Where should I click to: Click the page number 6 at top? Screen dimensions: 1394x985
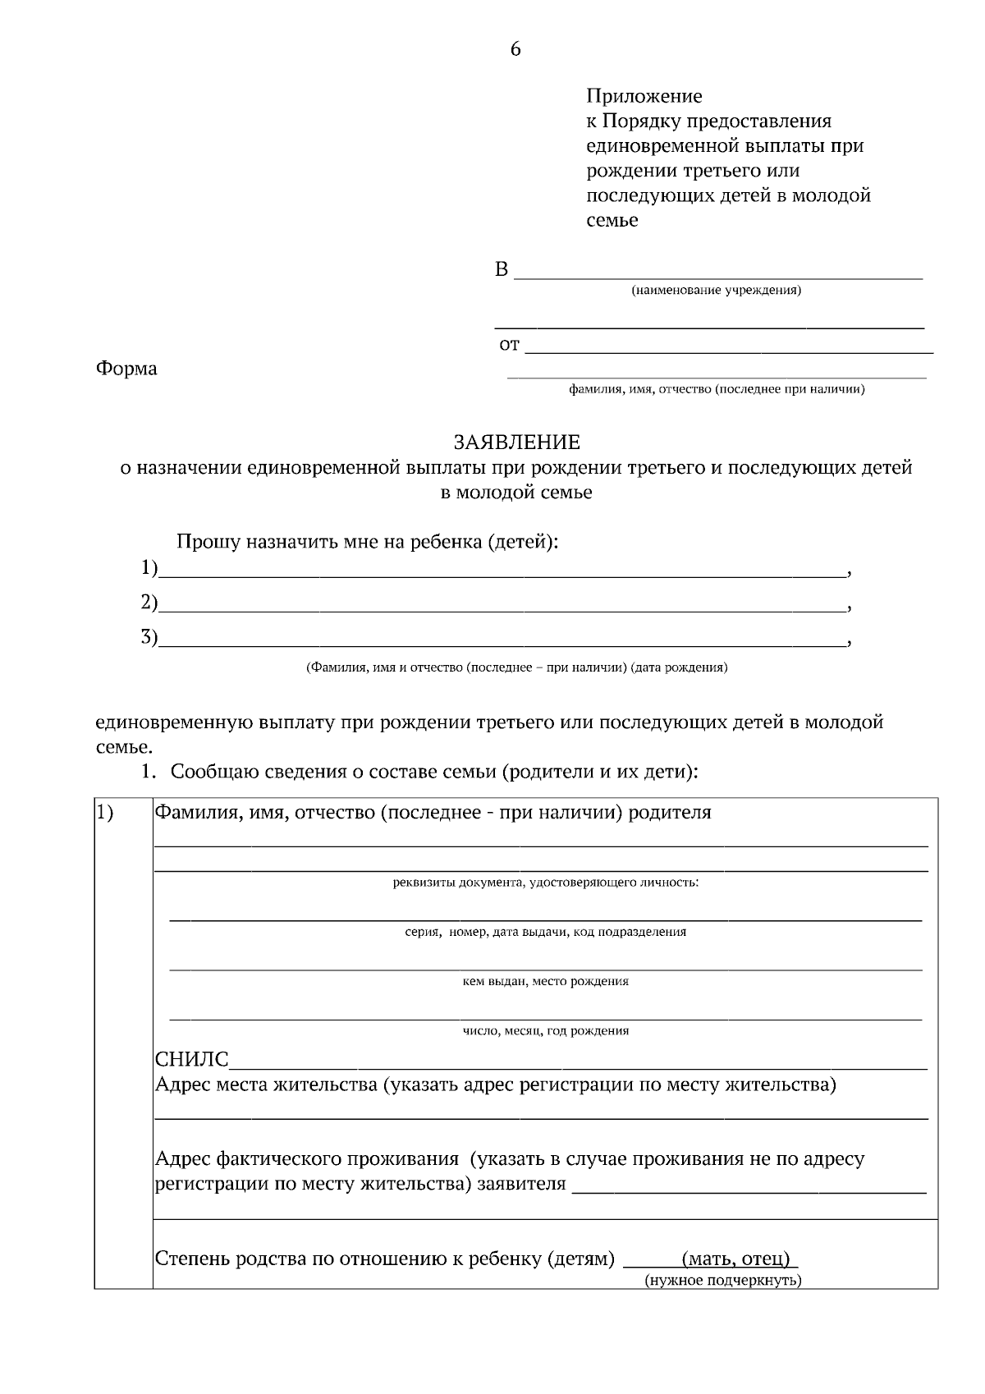[x=515, y=49]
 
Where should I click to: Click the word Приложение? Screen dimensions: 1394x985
[x=644, y=97]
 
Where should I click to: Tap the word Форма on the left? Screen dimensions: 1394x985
[x=126, y=369]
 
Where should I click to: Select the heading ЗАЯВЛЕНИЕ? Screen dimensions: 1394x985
[x=516, y=443]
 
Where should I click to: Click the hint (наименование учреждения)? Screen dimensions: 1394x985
[x=715, y=291]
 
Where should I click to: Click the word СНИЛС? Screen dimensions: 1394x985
[x=192, y=1060]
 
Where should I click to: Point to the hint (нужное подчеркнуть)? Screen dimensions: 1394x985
[x=722, y=1281]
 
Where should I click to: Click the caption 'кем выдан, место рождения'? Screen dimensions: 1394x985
[x=545, y=981]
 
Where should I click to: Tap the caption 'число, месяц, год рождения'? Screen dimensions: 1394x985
[x=545, y=1030]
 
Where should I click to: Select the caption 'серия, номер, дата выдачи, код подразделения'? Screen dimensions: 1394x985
[x=545, y=932]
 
